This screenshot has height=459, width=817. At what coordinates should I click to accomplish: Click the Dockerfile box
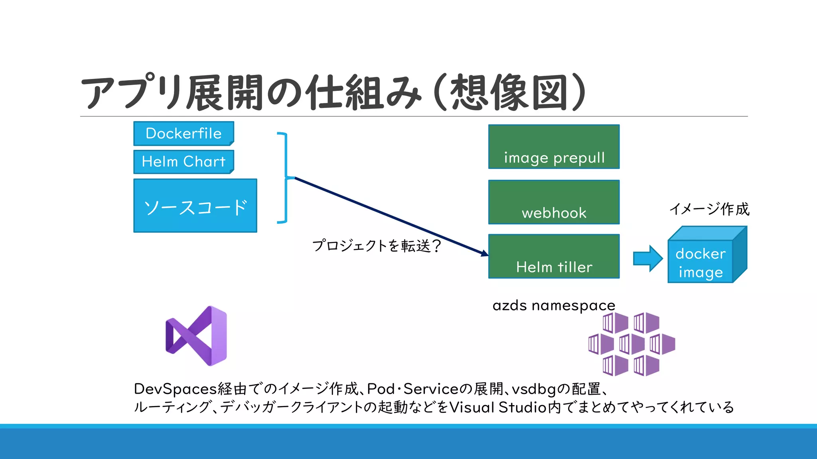point(184,133)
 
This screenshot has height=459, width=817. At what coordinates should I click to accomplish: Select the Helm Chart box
point(184,162)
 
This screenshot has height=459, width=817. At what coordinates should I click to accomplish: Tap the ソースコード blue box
point(195,206)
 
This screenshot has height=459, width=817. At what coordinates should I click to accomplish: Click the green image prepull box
point(554,147)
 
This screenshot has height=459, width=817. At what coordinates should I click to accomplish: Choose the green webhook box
point(554,202)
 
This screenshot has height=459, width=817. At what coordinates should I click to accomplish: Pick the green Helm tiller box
point(554,256)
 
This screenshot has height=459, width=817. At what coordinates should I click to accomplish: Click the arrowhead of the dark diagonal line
point(484,253)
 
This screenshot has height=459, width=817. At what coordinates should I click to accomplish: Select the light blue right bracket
point(285,178)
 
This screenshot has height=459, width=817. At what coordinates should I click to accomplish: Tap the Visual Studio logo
point(196,336)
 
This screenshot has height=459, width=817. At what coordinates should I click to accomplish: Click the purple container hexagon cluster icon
point(631,344)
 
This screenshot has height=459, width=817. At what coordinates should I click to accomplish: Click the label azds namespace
point(554,306)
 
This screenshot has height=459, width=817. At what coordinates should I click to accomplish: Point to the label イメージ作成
point(709,209)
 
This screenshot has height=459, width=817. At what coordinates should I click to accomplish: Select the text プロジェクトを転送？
point(377,245)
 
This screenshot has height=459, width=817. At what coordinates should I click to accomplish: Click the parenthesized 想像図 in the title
point(510,92)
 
